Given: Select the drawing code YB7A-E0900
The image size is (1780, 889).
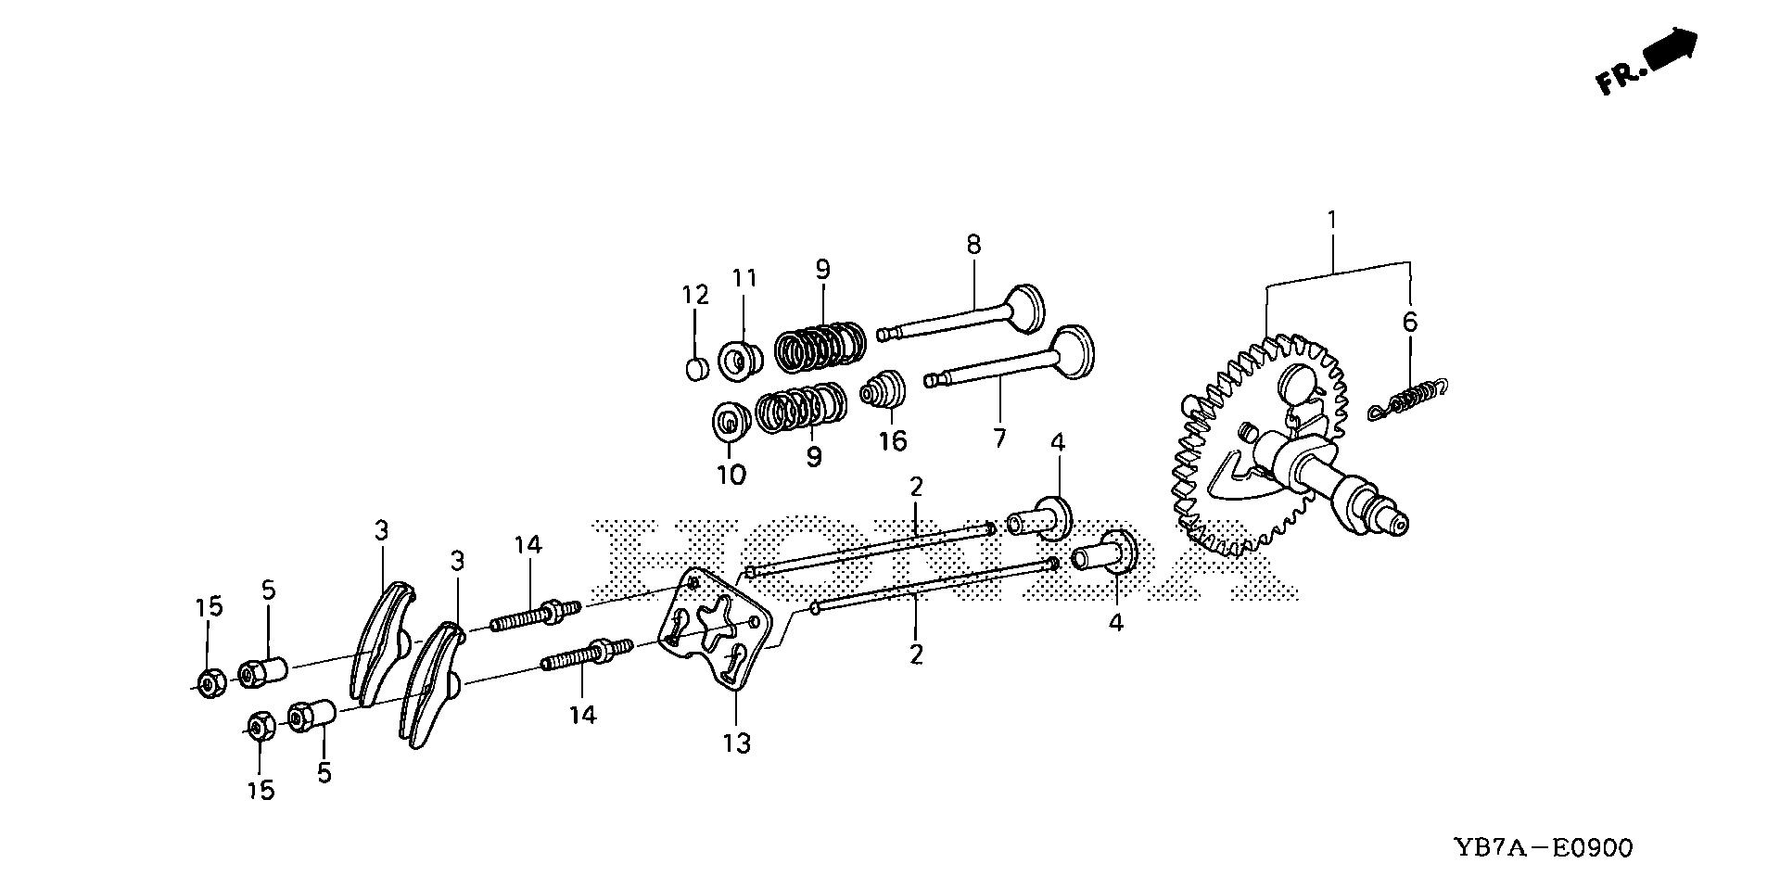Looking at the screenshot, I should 1543,847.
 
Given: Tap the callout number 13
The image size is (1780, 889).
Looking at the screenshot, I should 737,743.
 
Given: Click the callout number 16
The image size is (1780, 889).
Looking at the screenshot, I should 893,441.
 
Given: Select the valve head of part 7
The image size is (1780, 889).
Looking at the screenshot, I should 1071,351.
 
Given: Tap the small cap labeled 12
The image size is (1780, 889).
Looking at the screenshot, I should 697,369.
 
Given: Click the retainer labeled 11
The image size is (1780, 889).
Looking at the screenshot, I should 741,360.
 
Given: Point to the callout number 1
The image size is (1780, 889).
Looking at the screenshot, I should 1332,221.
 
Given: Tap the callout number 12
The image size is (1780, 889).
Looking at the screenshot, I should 695,296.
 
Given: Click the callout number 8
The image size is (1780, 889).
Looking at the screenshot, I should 973,245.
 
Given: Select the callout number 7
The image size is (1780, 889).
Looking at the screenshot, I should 998,437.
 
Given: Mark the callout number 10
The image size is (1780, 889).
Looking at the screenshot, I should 731,476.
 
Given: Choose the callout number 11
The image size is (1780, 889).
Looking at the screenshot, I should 745,278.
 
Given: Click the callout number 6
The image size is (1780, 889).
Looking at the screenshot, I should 1409,323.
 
